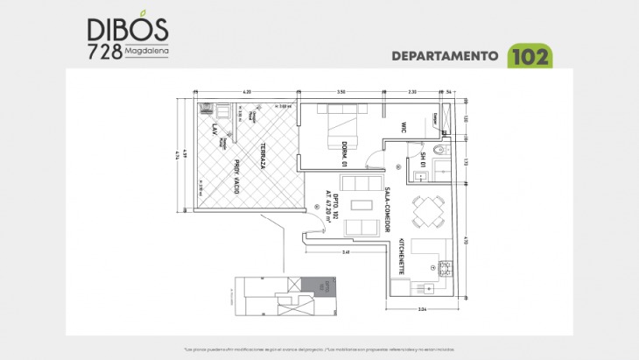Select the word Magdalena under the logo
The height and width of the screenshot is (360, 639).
pos(146,50)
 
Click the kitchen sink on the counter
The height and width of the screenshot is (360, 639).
pos(428,286)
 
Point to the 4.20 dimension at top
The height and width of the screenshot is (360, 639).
pos(247,91)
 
